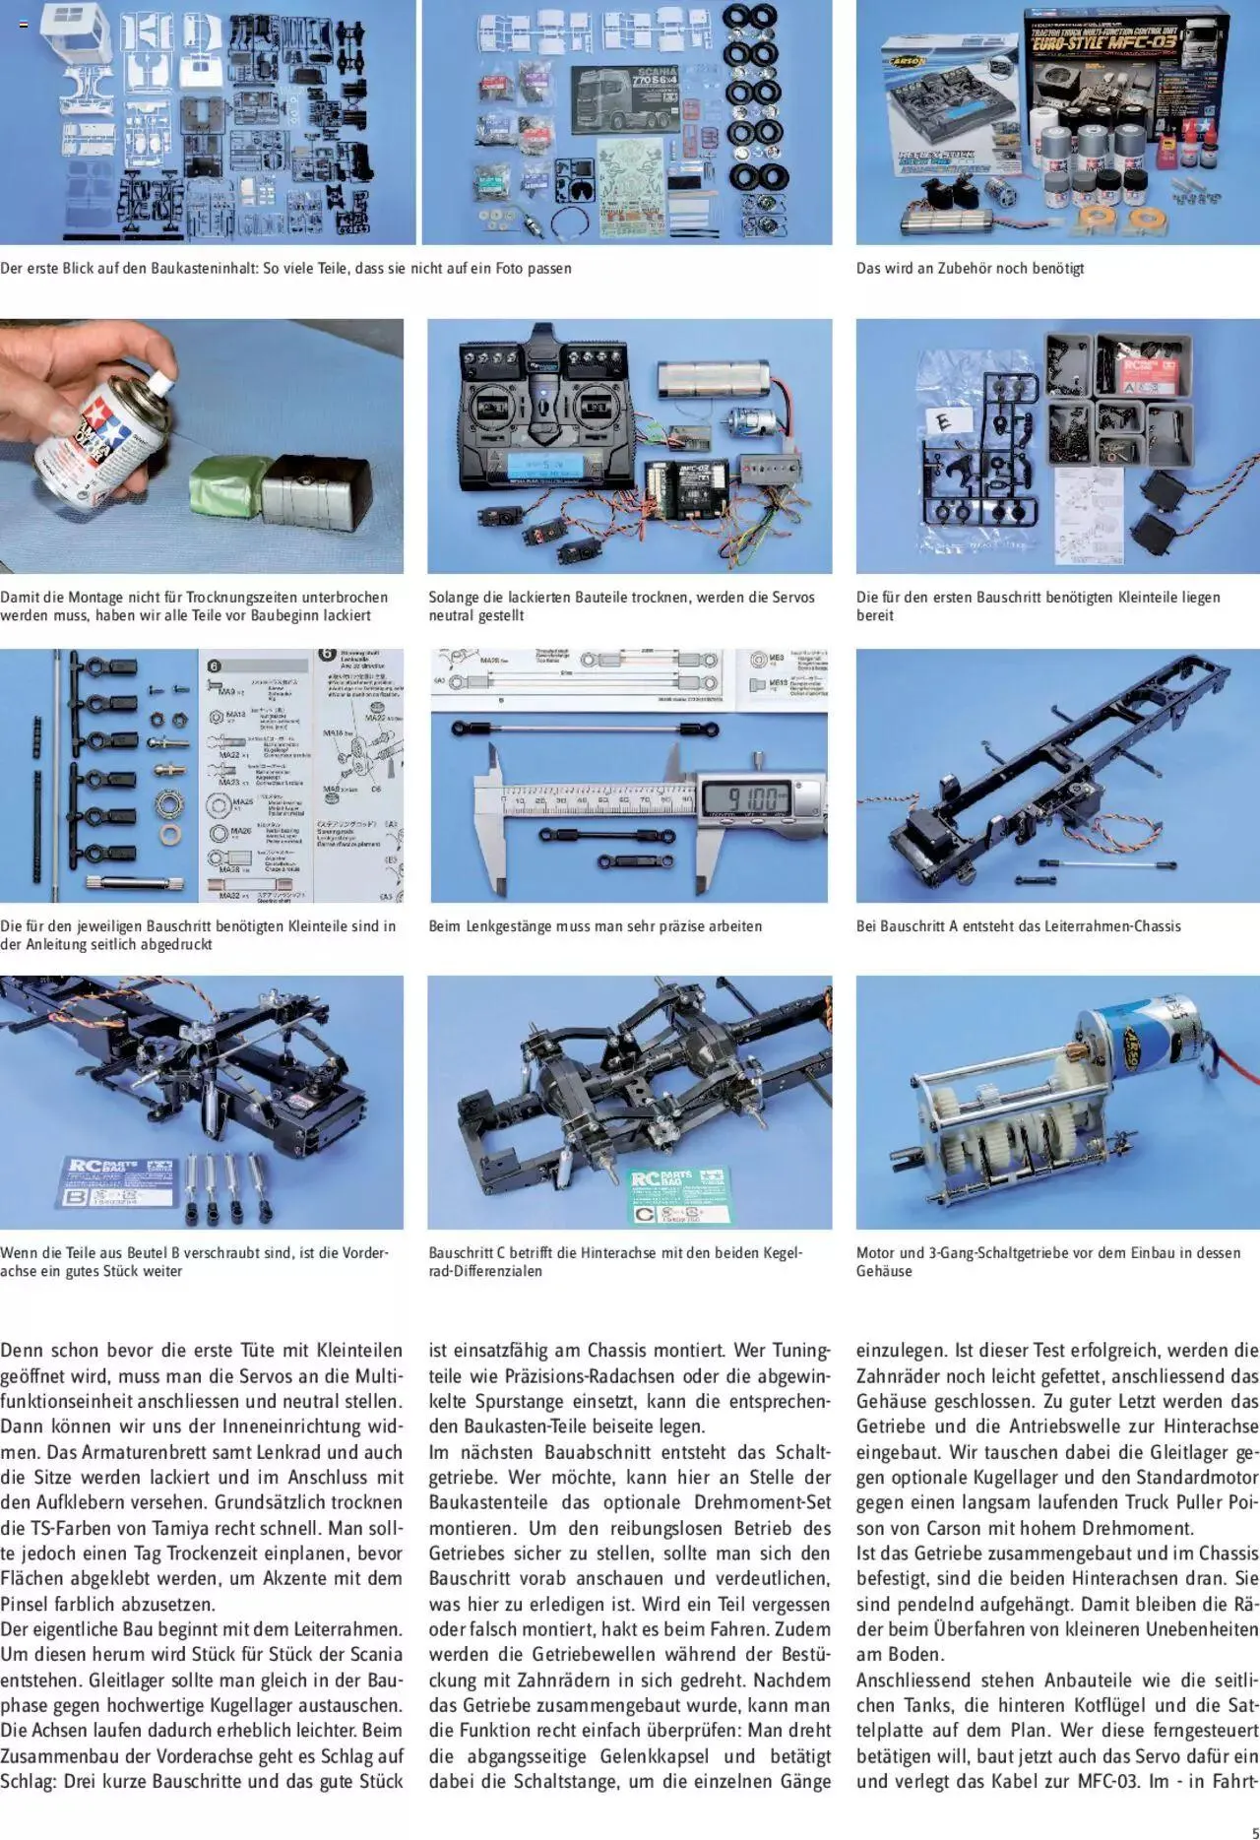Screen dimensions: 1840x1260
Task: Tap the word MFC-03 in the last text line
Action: [x=1110, y=1781]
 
